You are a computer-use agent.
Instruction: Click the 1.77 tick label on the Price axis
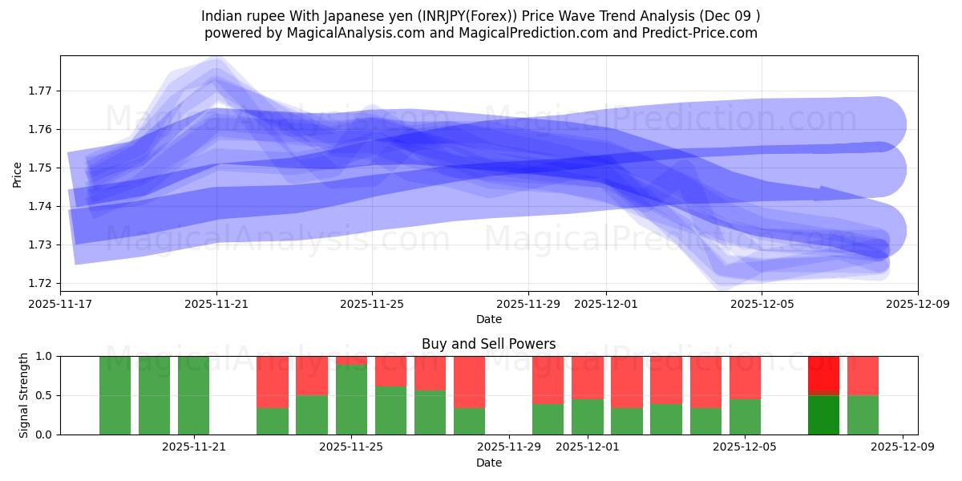40,91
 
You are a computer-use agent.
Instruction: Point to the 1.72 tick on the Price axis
40,283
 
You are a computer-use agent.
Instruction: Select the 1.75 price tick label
40,168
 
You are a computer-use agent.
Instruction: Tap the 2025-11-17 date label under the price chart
60,305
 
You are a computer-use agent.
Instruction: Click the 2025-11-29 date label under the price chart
527,305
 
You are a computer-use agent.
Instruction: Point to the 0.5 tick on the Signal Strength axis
44,395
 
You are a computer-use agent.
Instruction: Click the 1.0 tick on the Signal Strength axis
44,356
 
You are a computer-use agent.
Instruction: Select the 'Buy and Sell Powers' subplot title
488,344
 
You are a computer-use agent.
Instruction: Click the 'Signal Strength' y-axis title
24,395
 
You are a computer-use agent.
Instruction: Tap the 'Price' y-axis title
18,174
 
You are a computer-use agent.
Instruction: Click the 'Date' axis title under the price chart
488,319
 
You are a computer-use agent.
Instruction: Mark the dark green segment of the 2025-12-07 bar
823,414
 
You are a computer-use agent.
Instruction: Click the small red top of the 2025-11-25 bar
351,360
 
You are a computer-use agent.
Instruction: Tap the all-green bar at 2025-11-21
193,395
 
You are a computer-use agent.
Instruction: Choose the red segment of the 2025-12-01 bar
587,377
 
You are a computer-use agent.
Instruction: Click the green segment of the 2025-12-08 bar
863,414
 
